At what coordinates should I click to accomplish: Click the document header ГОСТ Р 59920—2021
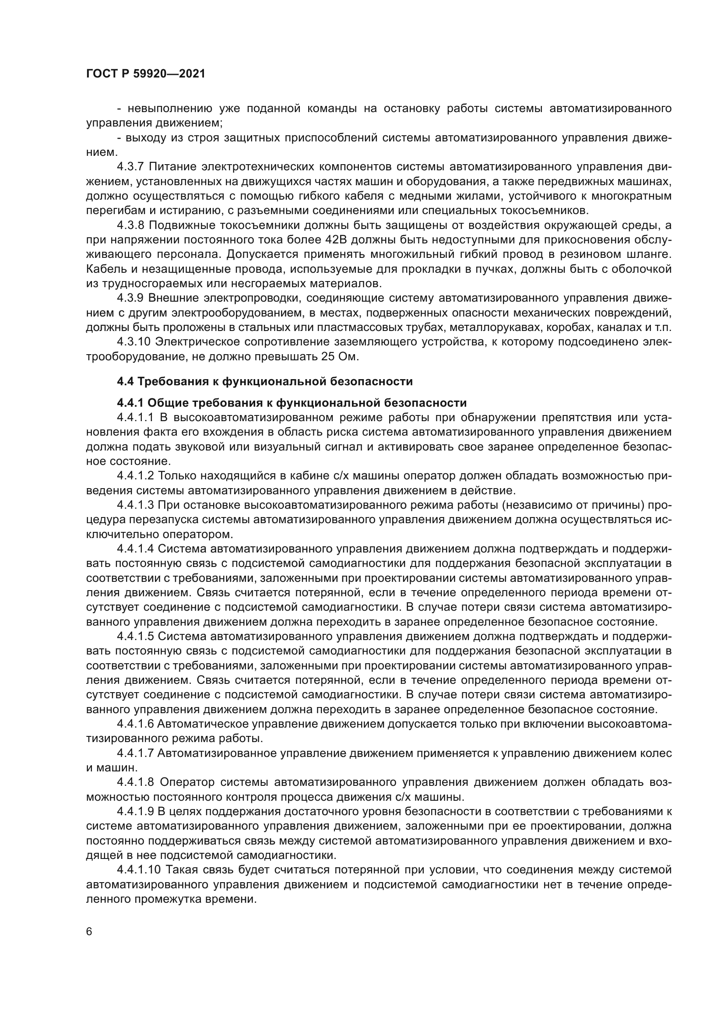(146, 74)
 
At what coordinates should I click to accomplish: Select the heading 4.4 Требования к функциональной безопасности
(265, 381)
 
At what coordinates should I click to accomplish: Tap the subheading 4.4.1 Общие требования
(292, 403)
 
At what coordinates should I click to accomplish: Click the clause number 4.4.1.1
(135, 418)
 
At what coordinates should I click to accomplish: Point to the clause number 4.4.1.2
(135, 476)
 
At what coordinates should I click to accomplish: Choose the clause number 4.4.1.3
(135, 505)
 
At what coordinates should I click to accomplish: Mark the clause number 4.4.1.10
(138, 870)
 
